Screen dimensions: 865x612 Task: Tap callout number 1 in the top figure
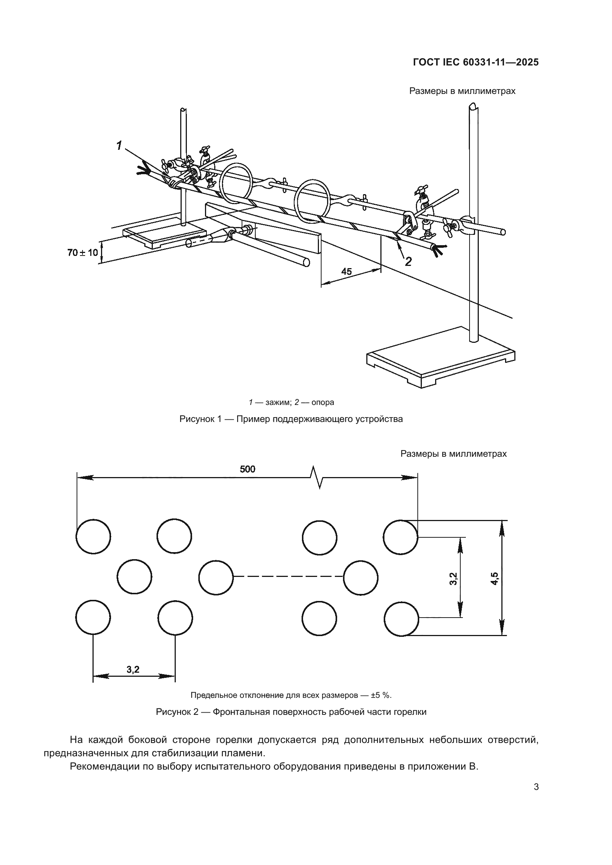(x=119, y=145)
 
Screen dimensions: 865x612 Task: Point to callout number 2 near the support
(x=408, y=261)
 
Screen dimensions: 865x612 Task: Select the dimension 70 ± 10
(x=83, y=253)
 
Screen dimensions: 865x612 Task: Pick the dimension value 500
(x=248, y=469)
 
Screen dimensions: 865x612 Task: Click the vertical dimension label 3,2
(x=453, y=578)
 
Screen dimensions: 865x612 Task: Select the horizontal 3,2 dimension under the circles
(x=133, y=669)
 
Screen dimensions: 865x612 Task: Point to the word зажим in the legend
(x=278, y=402)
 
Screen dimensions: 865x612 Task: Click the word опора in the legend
(x=323, y=402)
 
